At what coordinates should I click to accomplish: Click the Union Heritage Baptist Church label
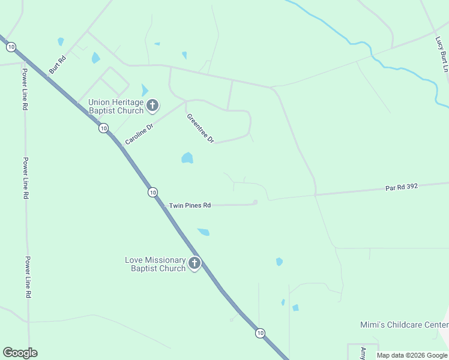click(x=116, y=106)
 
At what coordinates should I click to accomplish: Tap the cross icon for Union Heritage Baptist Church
click(x=152, y=106)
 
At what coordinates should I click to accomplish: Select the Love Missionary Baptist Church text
click(x=155, y=264)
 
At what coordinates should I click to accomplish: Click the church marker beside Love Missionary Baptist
click(x=194, y=263)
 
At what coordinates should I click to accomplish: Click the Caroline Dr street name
click(x=139, y=134)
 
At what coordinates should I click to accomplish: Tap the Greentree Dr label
click(x=200, y=128)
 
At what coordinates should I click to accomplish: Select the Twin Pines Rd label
click(x=190, y=205)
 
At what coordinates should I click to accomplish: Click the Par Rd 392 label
click(x=401, y=187)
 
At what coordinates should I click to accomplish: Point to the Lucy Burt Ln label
click(x=442, y=54)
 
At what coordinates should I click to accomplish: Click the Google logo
click(x=20, y=353)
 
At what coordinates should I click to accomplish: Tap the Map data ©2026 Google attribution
click(x=412, y=355)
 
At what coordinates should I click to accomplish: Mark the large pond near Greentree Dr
click(x=187, y=158)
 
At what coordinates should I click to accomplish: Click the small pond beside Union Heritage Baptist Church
click(x=144, y=90)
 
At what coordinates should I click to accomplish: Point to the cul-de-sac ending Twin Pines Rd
click(x=255, y=202)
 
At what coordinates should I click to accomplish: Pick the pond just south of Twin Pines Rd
click(x=203, y=232)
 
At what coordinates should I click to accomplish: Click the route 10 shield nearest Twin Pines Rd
click(x=153, y=192)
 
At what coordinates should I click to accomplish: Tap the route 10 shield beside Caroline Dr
click(x=104, y=128)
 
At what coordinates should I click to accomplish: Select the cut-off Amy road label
click(x=363, y=352)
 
